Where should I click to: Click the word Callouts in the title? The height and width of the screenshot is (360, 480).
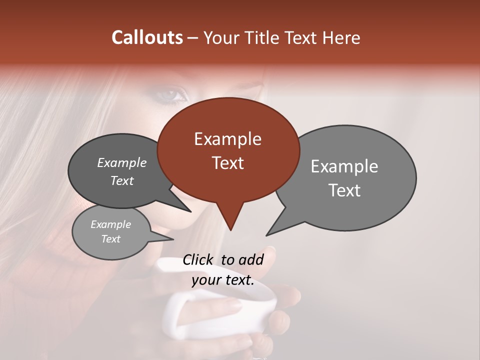pos(147,37)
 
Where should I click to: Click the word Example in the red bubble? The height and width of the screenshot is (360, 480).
pos(227,139)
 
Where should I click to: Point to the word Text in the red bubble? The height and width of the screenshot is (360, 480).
pos(227,162)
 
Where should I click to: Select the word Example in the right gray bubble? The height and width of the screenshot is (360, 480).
pos(344,166)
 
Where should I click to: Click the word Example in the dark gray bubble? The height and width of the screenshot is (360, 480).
pos(121,162)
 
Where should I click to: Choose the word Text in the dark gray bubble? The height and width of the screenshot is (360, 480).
pos(121,180)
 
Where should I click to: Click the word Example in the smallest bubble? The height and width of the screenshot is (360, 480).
pos(110,224)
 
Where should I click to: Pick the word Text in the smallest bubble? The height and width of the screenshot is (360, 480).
pos(110,239)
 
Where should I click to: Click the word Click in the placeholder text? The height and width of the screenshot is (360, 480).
pos(198,259)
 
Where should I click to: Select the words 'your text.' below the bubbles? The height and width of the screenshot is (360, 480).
pos(223,280)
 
